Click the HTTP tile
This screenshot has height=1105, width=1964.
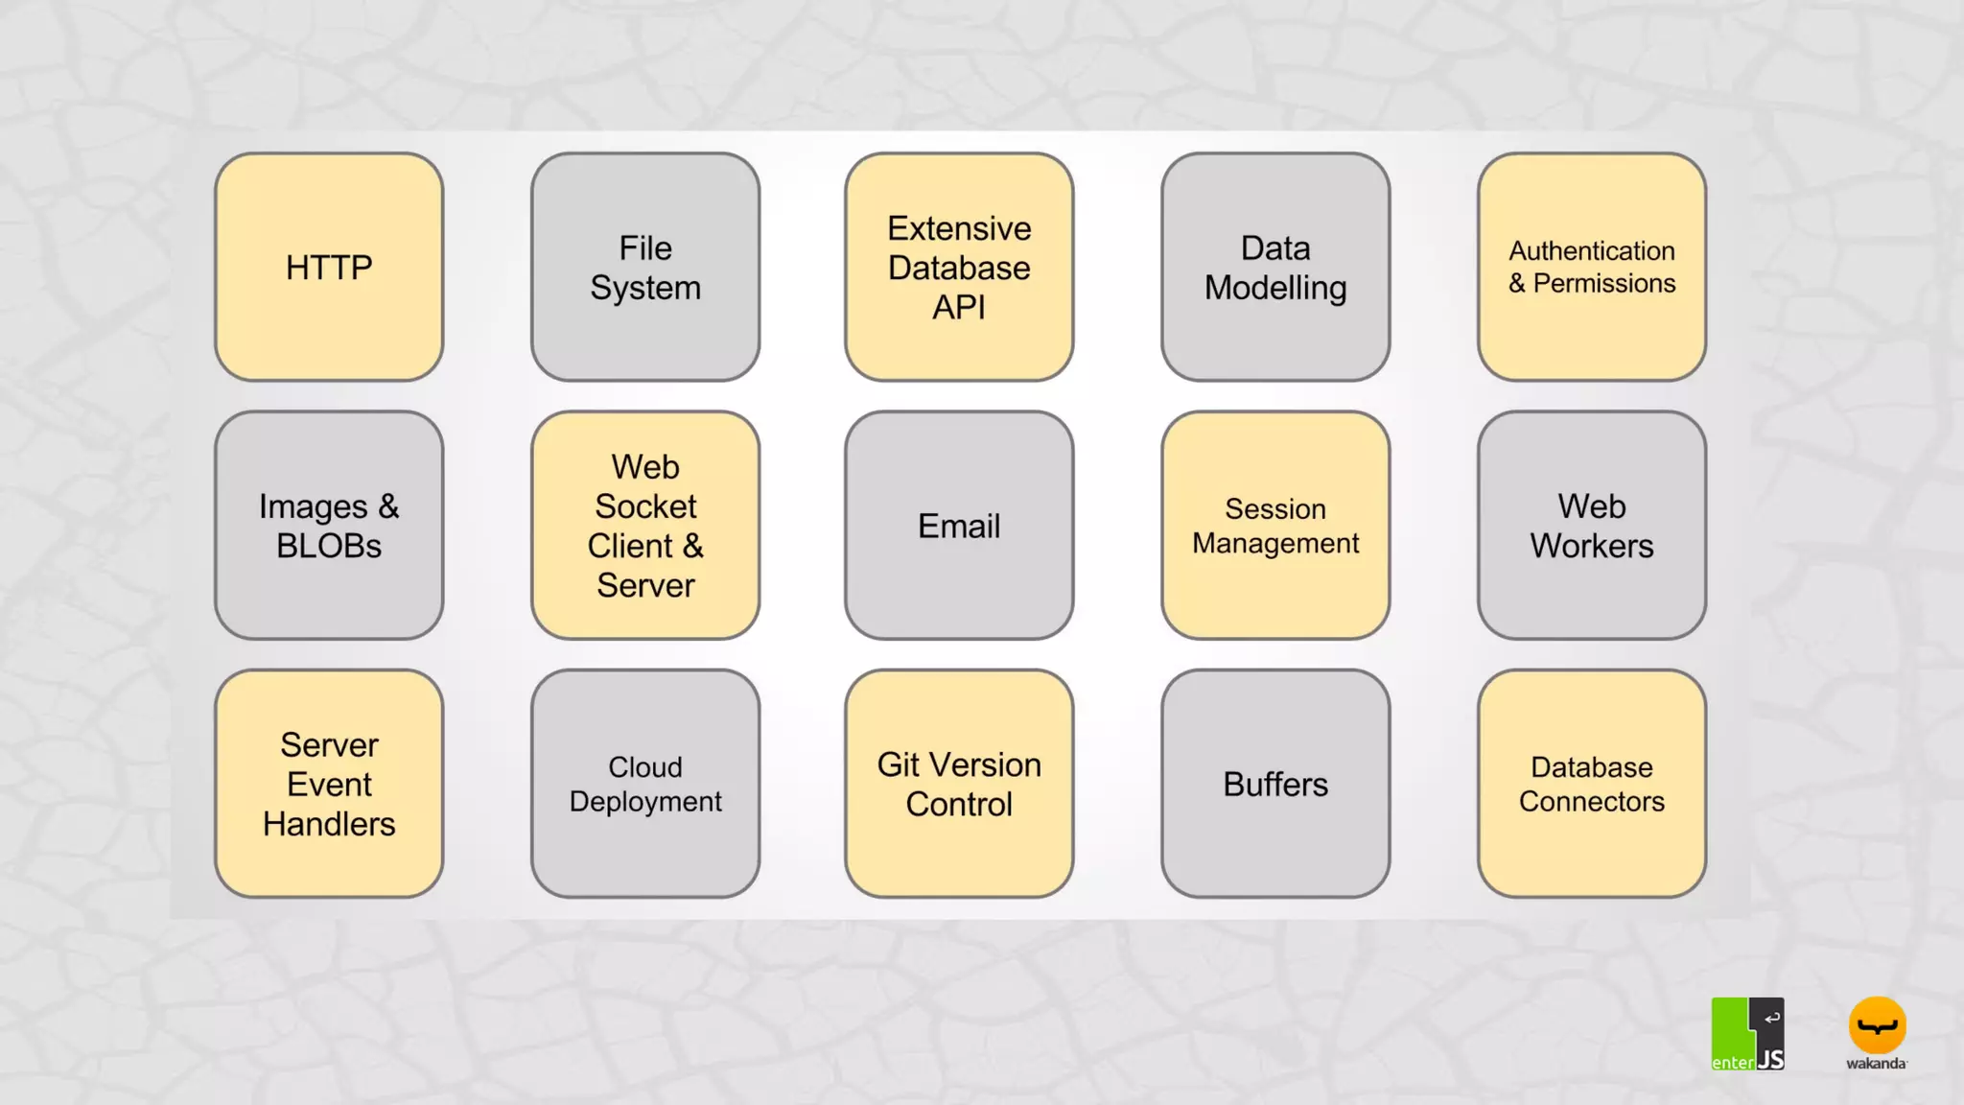[x=329, y=267]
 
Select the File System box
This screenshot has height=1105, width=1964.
[x=645, y=267]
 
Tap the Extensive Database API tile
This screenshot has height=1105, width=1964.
[x=959, y=267]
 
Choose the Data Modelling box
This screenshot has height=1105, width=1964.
[x=1275, y=267]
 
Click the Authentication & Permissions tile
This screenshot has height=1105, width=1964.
[x=1592, y=267]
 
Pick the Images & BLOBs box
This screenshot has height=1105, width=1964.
[x=329, y=525]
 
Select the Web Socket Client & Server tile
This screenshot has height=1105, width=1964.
[x=645, y=525]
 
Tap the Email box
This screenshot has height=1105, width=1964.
[x=959, y=525]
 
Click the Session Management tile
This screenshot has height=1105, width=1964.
[x=1275, y=525]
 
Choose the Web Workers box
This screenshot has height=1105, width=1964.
[x=1592, y=525]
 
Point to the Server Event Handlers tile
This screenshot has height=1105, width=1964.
[x=329, y=784]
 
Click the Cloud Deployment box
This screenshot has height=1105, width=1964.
[x=645, y=784]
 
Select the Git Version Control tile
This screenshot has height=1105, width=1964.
[x=959, y=784]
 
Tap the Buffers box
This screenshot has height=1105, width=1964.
[x=1275, y=784]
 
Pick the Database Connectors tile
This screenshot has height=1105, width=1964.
[x=1592, y=784]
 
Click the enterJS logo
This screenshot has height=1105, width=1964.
[x=1747, y=1033]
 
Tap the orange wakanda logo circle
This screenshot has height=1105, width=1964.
[x=1877, y=1025]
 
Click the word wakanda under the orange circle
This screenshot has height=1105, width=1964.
[x=1876, y=1063]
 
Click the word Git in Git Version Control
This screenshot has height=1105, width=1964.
[x=898, y=764]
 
